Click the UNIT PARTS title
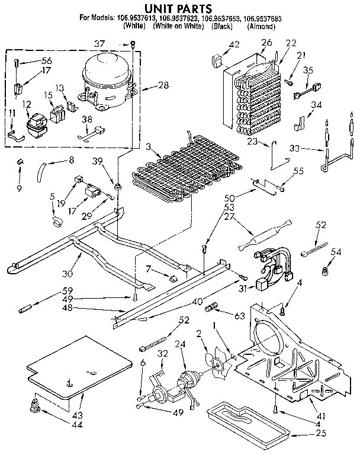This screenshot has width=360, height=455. [180, 10]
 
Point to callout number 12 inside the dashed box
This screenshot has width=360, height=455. [26, 104]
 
